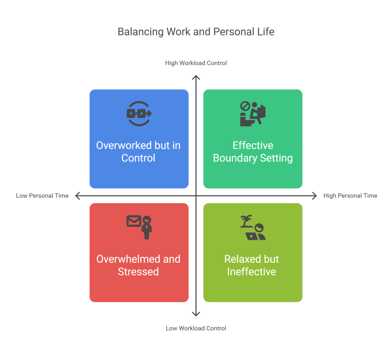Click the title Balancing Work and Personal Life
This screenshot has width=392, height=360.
pyautogui.click(x=196, y=31)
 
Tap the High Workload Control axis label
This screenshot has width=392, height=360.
pyautogui.click(x=196, y=63)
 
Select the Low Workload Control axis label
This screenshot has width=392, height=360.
pyautogui.click(x=196, y=328)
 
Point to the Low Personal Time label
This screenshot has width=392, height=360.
pyautogui.click(x=42, y=196)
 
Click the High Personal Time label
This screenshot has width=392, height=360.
pyautogui.click(x=350, y=196)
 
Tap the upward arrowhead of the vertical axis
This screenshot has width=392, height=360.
pyautogui.click(x=196, y=77)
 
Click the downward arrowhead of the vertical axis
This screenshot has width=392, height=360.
pyautogui.click(x=196, y=314)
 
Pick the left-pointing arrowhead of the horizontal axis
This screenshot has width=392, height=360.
pyautogui.click(x=77, y=196)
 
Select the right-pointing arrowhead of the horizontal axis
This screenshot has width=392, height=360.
pyautogui.click(x=315, y=196)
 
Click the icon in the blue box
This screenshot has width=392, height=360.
pyautogui.click(x=139, y=114)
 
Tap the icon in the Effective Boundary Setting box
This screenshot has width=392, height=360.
pyautogui.click(x=253, y=114)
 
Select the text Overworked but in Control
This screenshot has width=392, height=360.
pyautogui.click(x=139, y=152)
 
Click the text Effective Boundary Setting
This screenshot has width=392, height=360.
pyautogui.click(x=253, y=152)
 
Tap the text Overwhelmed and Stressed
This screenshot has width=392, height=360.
pyautogui.click(x=139, y=266)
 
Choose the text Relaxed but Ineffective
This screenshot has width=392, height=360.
pyautogui.click(x=252, y=266)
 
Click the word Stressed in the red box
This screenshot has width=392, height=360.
pyautogui.click(x=138, y=272)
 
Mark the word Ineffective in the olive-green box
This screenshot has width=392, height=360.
pyautogui.click(x=252, y=272)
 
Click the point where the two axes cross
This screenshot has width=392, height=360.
pyautogui.click(x=196, y=196)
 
